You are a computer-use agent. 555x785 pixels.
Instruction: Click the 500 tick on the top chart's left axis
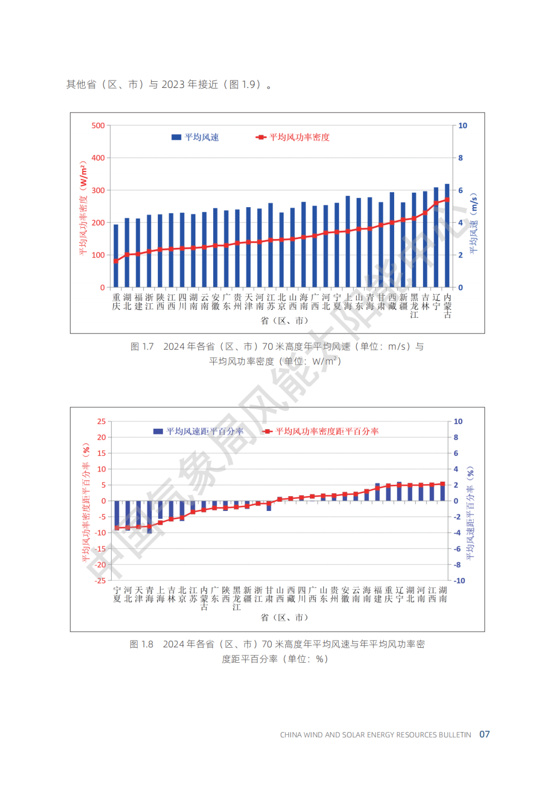(x=98, y=125)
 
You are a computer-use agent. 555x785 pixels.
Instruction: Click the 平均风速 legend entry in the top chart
(x=196, y=137)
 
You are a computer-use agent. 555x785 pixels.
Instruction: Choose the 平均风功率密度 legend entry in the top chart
(x=293, y=137)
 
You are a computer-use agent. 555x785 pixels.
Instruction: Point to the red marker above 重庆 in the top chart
(x=116, y=261)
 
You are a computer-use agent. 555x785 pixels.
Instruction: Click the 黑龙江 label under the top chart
(x=414, y=306)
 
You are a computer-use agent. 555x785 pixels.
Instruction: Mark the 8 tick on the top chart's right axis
(x=460, y=158)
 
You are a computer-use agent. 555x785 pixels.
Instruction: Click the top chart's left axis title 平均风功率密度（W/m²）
(x=83, y=208)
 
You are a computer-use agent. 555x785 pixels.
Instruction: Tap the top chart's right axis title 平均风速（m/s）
(x=473, y=223)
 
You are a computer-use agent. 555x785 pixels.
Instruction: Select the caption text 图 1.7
(x=142, y=346)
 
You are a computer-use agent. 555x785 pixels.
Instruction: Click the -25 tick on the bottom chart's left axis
(x=101, y=580)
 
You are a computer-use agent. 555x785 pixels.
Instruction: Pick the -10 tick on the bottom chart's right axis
(x=459, y=580)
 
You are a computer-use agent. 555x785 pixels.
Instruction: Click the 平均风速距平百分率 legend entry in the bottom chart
(x=199, y=431)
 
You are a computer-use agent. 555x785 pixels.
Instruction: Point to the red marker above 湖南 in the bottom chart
(x=442, y=484)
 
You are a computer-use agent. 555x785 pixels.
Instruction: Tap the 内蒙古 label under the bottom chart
(x=204, y=598)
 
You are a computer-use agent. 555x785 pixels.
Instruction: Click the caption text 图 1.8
(x=141, y=644)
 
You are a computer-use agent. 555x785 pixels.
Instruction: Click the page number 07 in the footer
(x=485, y=734)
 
